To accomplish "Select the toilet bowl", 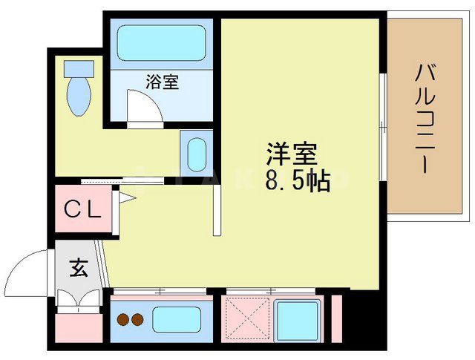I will [76, 94].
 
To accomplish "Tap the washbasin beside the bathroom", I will [197, 154].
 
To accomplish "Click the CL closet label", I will [81, 210].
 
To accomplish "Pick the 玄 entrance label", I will [79, 267].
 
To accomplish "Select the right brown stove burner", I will [137, 321].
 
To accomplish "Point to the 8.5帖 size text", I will [297, 180].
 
